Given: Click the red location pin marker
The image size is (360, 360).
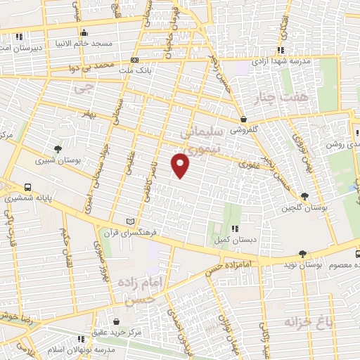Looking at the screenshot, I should [181, 165].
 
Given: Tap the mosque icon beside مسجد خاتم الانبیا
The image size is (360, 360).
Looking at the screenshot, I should [84, 32].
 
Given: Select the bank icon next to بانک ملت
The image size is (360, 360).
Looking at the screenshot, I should [134, 60].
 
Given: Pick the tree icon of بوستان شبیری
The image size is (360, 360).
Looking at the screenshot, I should [58, 148].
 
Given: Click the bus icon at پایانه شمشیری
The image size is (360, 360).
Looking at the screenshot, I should [27, 188].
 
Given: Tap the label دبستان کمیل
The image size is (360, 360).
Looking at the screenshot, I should [234, 240].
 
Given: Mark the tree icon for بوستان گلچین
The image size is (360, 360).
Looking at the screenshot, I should [304, 196].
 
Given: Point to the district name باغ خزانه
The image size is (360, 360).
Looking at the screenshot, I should [307, 323].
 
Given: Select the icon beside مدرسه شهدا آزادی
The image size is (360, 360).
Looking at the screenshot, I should [281, 50].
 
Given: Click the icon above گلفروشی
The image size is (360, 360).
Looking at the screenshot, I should [243, 119].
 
